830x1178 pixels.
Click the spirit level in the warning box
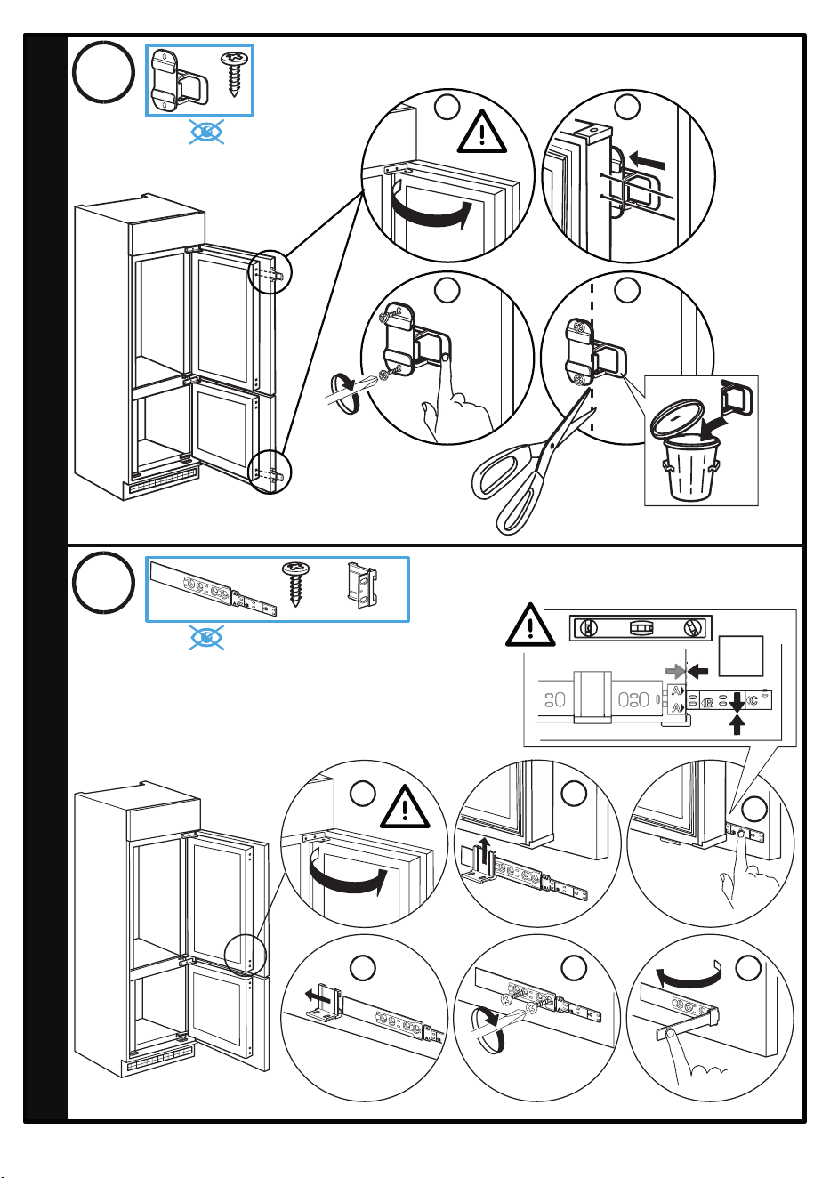(x=641, y=628)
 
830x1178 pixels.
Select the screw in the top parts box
(x=231, y=74)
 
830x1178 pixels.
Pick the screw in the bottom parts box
(x=295, y=584)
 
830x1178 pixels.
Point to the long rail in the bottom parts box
(x=213, y=587)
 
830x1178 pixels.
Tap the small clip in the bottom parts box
(x=362, y=585)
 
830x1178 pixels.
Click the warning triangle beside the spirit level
(x=530, y=625)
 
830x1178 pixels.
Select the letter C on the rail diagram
(x=753, y=700)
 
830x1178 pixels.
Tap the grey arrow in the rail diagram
(x=675, y=671)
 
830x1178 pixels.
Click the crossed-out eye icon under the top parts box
(x=206, y=132)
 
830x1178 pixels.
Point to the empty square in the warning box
(x=740, y=656)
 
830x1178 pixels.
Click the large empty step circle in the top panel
(x=103, y=72)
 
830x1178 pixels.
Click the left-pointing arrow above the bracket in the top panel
(x=648, y=160)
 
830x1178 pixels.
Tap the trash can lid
(x=677, y=417)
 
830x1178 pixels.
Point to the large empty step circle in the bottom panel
(x=103, y=583)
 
